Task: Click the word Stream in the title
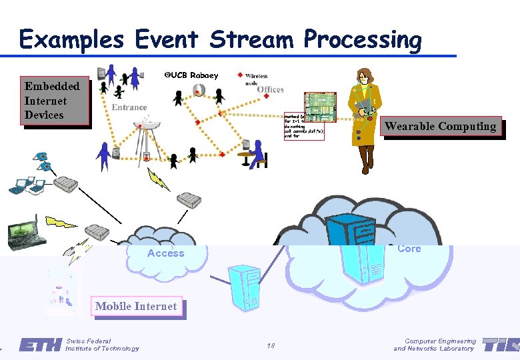[x=253, y=40]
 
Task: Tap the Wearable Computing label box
[x=440, y=127]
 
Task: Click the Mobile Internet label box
[x=136, y=307]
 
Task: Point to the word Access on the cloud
[x=165, y=253]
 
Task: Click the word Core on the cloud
[x=409, y=249]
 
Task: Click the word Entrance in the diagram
[x=129, y=107]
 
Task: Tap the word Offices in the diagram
[x=270, y=89]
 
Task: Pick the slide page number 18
[x=271, y=345]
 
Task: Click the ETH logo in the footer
[x=40, y=345]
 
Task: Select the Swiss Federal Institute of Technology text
[x=103, y=345]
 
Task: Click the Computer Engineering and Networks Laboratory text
[x=435, y=345]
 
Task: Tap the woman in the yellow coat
[x=366, y=120]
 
